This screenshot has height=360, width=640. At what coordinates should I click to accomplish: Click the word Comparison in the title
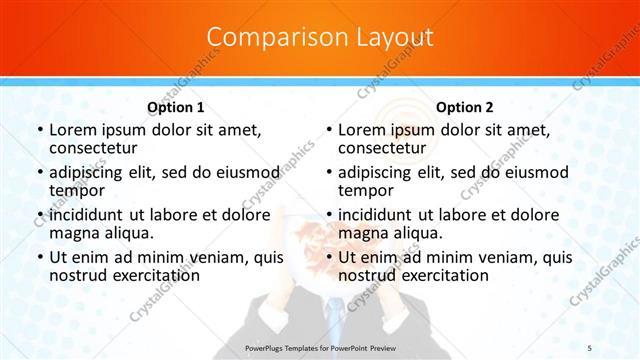[x=269, y=38]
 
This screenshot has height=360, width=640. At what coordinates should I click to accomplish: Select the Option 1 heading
[x=176, y=107]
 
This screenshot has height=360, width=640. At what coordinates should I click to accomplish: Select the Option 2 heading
[x=465, y=107]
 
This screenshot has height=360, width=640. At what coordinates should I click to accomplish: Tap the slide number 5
[x=590, y=347]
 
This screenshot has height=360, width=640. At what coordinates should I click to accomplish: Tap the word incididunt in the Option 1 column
[x=88, y=214]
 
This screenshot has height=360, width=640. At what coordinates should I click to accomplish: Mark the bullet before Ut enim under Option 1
[x=39, y=257]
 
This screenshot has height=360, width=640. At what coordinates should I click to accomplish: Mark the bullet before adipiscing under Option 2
[x=328, y=173]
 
